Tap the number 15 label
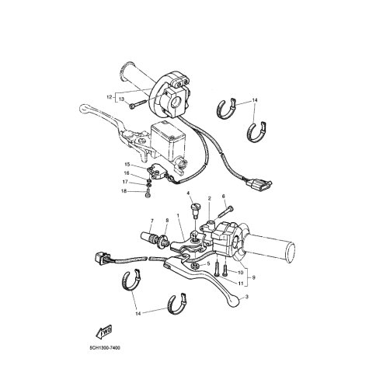coord(127,165)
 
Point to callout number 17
coord(127,182)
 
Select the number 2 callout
coord(209,199)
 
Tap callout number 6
coord(223,197)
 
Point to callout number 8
coord(165,221)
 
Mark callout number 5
coord(208,263)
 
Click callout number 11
coord(242,284)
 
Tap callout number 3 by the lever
coord(247,298)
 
